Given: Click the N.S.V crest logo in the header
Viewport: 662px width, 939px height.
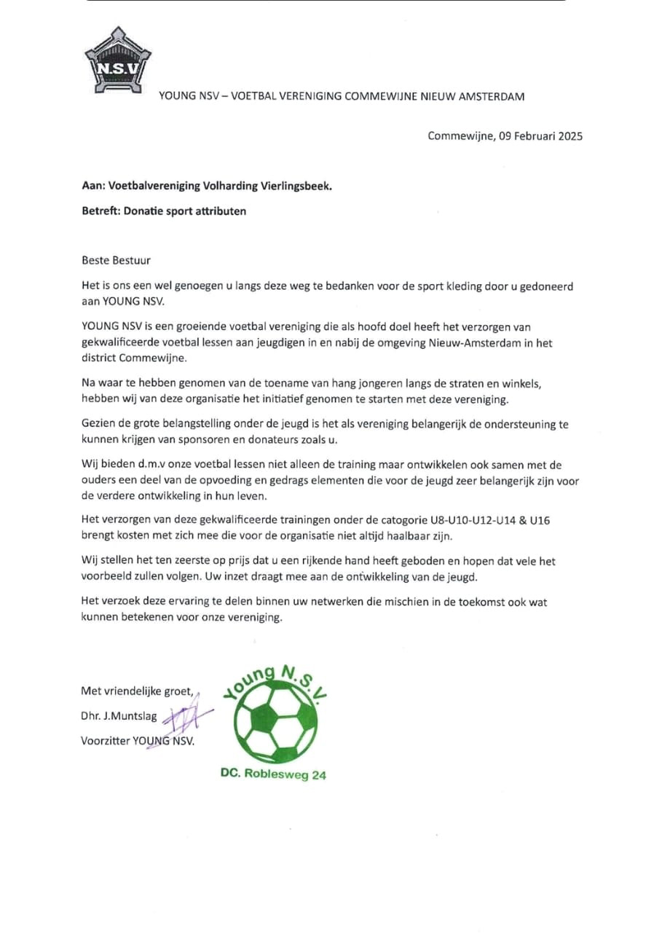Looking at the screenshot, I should pyautogui.click(x=117, y=62).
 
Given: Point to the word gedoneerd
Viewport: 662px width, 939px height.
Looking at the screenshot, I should pyautogui.click(x=544, y=286).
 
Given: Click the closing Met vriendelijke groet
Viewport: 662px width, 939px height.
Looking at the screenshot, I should pyautogui.click(x=137, y=691).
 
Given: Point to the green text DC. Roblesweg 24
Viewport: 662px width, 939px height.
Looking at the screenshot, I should pyautogui.click(x=273, y=774).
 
